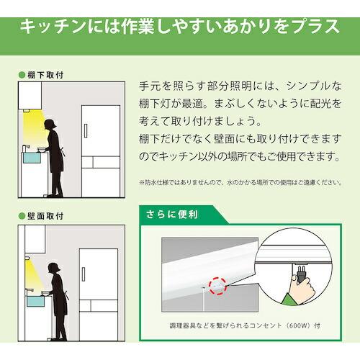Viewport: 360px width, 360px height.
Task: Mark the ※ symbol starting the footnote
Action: pos(142,182)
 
